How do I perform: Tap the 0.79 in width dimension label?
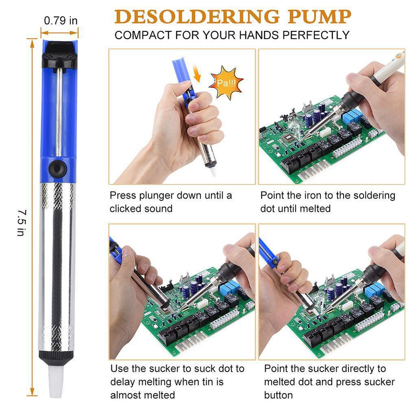click(61, 20)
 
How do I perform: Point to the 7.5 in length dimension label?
click(21, 222)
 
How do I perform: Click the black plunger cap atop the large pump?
click(59, 55)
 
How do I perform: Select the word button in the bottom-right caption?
click(278, 395)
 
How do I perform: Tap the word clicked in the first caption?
click(125, 208)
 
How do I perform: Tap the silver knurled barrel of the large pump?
click(57, 265)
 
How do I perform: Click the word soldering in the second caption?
click(373, 195)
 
